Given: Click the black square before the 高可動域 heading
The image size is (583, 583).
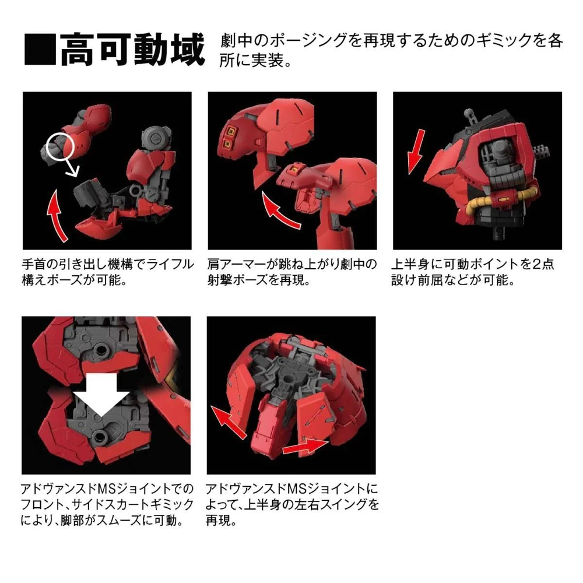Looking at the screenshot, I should [x=40, y=50].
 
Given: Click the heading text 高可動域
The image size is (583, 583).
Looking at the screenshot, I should [x=133, y=51].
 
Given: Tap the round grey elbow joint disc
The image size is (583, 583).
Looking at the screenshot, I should [x=153, y=138].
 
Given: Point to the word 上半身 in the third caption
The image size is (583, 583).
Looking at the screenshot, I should [x=416, y=264].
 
